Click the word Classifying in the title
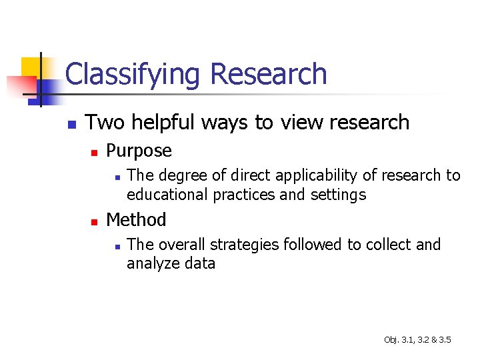coord(132,75)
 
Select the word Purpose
coord(139,151)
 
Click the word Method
coord(136,219)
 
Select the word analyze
coord(151,263)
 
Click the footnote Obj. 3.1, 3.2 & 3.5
coord(417,340)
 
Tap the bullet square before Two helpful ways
coord(72,124)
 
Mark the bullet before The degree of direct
coord(116,177)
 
